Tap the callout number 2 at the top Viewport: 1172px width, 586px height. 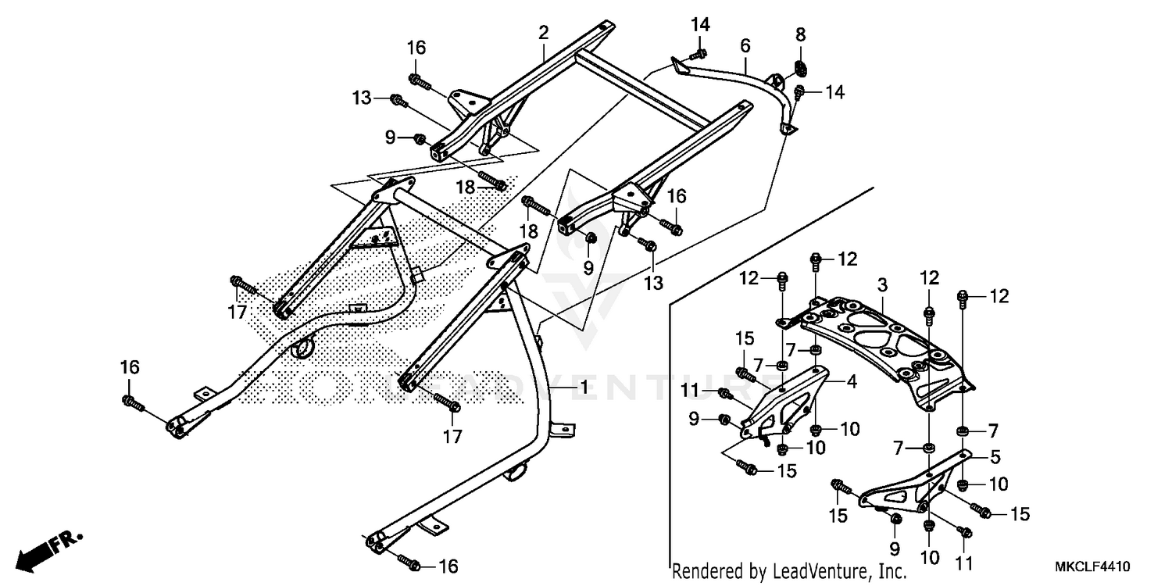[x=543, y=33]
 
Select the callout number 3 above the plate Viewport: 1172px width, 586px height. [x=881, y=285]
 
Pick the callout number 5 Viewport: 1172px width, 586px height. [x=995, y=456]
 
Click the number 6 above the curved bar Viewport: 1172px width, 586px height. [x=745, y=45]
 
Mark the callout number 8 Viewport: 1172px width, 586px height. [x=800, y=34]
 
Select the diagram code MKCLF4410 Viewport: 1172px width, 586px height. [x=1095, y=566]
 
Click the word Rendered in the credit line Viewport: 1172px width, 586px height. [x=708, y=572]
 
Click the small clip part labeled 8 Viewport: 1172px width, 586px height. [x=799, y=67]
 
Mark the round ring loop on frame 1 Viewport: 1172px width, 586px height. [x=302, y=348]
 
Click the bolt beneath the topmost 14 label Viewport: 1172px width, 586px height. [x=699, y=54]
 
